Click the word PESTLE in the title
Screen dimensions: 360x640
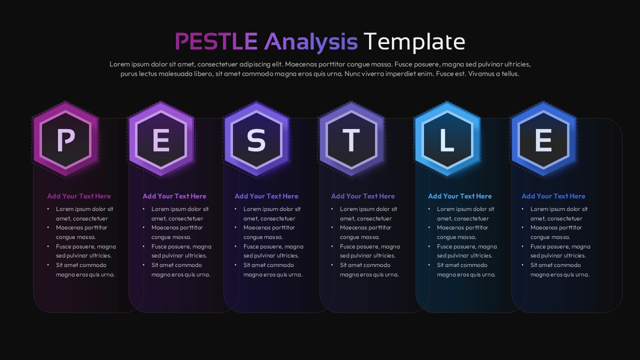[216, 41]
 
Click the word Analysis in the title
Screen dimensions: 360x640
[310, 41]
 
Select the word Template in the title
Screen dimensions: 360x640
[414, 41]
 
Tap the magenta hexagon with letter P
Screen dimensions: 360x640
[65, 139]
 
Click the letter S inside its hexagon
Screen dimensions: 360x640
[256, 140]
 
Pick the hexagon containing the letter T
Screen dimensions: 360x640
[351, 139]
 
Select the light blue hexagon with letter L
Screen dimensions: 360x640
[447, 139]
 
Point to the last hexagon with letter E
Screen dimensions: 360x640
[543, 139]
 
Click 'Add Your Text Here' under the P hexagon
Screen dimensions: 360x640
[79, 196]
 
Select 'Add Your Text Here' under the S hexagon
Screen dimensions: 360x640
[266, 196]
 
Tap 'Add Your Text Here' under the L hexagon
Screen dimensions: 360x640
[459, 196]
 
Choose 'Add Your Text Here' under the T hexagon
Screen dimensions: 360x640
[362, 196]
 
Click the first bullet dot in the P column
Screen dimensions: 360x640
[48, 209]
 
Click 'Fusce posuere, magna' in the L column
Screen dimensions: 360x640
[466, 246]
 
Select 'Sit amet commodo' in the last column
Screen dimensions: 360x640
[555, 265]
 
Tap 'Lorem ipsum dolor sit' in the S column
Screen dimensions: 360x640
[272, 209]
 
